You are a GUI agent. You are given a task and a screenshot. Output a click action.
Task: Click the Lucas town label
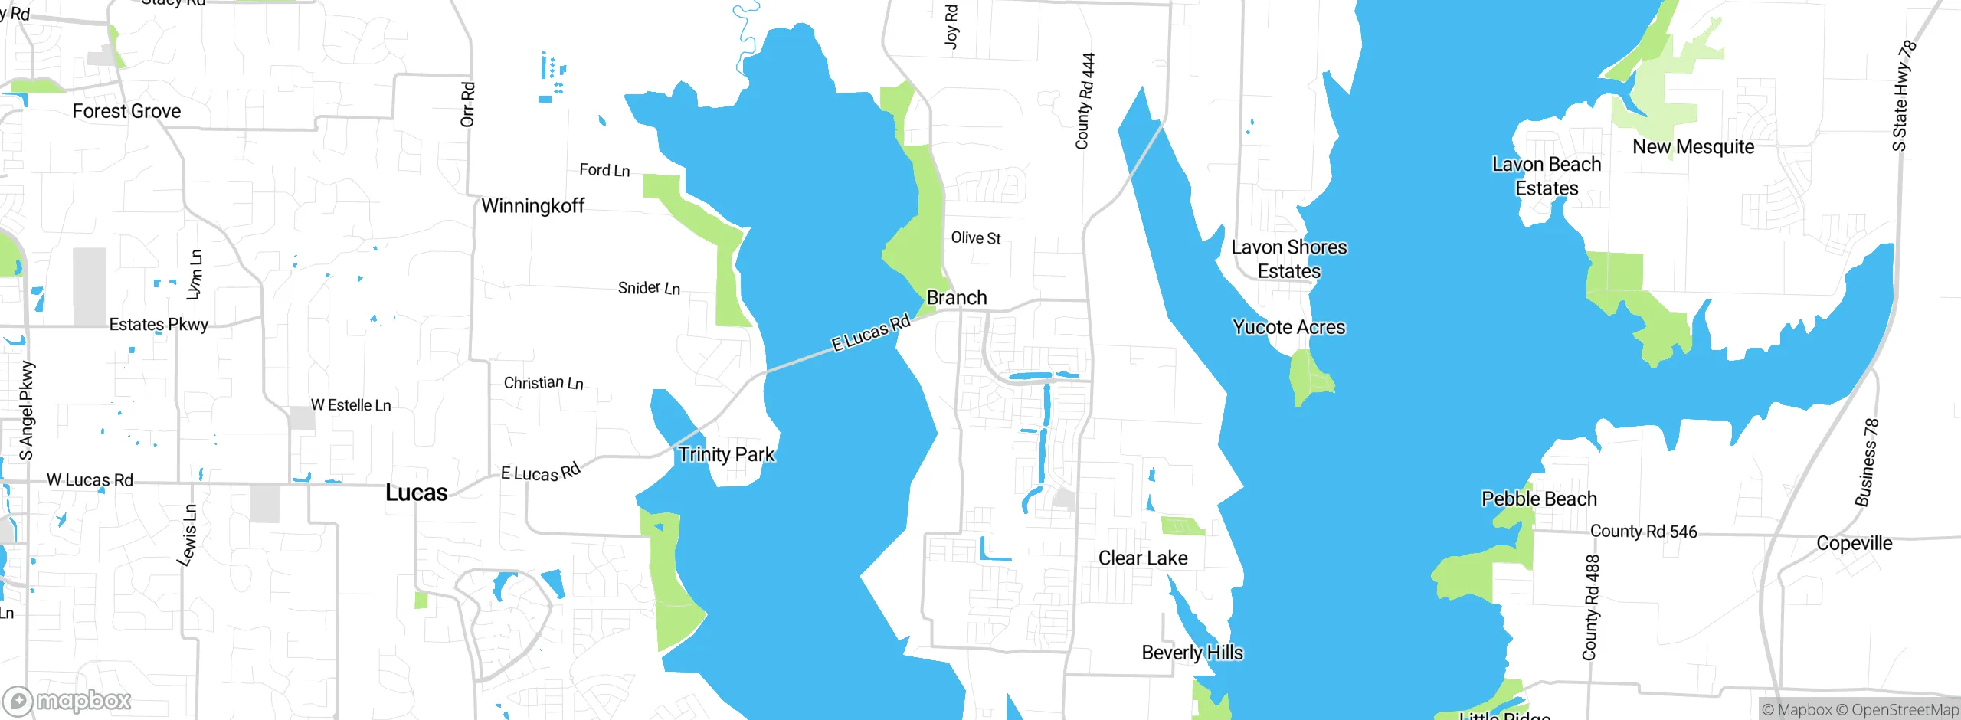click(x=416, y=493)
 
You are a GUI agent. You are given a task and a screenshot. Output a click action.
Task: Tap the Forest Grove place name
click(x=126, y=111)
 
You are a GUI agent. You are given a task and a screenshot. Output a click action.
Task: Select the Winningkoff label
click(x=532, y=206)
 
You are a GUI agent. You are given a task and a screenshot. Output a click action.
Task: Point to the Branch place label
click(x=957, y=297)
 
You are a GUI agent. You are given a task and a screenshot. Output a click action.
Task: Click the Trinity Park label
click(x=726, y=454)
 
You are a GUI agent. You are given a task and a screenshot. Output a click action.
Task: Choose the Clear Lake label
click(x=1143, y=558)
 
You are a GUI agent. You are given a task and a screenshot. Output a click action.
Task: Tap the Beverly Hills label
click(x=1192, y=653)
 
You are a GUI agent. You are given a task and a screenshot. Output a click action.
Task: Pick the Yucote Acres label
click(x=1288, y=327)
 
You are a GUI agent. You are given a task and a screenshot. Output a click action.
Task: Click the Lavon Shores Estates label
click(x=1289, y=259)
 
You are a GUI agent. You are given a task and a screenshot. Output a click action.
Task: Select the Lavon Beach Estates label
click(x=1547, y=176)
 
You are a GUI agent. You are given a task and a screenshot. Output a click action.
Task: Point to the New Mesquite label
click(x=1693, y=147)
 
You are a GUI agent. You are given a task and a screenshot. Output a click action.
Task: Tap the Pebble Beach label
click(x=1539, y=499)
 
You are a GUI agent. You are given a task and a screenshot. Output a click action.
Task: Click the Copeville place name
click(x=1854, y=543)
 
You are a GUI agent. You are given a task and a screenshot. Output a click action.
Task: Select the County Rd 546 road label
click(x=1643, y=532)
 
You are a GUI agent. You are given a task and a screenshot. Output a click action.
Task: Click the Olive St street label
click(x=976, y=238)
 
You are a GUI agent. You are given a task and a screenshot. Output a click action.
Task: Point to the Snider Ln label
click(x=649, y=288)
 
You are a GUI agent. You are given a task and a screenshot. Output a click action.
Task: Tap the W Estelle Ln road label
click(x=351, y=405)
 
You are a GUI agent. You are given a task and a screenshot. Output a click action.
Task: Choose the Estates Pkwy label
click(x=159, y=325)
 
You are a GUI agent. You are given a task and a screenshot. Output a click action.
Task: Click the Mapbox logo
click(x=67, y=700)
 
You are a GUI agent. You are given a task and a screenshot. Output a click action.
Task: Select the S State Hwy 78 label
click(x=1903, y=96)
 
